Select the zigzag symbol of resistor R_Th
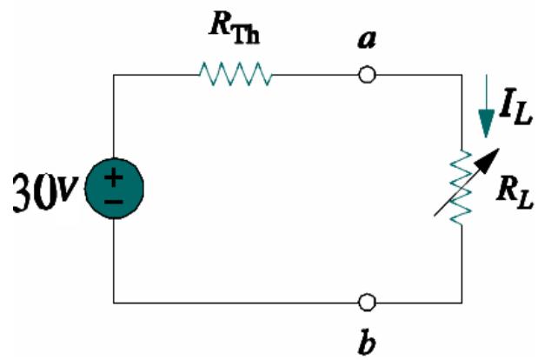point(236,77)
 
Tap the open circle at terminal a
point(368,77)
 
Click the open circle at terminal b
point(368,303)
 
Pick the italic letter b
point(367,339)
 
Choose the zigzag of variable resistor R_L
point(458,187)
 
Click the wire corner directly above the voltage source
point(114,77)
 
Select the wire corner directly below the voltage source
point(114,303)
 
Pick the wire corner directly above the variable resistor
point(458,77)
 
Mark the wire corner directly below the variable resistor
point(458,303)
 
